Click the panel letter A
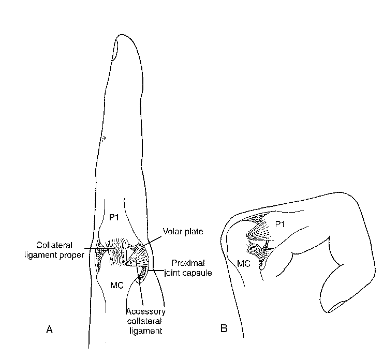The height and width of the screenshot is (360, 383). [x=49, y=329]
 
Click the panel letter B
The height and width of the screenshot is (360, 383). [x=224, y=328]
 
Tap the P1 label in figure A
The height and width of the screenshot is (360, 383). [x=114, y=217]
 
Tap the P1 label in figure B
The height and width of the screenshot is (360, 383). [x=280, y=224]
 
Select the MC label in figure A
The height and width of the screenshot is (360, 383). [x=117, y=285]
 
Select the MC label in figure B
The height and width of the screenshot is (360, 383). [x=244, y=263]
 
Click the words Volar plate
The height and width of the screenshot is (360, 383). [x=183, y=231]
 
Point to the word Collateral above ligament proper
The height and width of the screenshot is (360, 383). [x=54, y=245]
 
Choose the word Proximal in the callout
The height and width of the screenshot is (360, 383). [x=188, y=263]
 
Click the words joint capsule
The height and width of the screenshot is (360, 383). [x=188, y=273]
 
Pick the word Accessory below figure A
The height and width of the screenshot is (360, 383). [x=145, y=311]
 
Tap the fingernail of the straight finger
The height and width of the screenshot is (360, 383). [x=115, y=49]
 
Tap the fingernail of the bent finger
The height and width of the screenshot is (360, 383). [x=336, y=307]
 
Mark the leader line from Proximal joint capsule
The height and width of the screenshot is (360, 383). [x=156, y=270]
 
